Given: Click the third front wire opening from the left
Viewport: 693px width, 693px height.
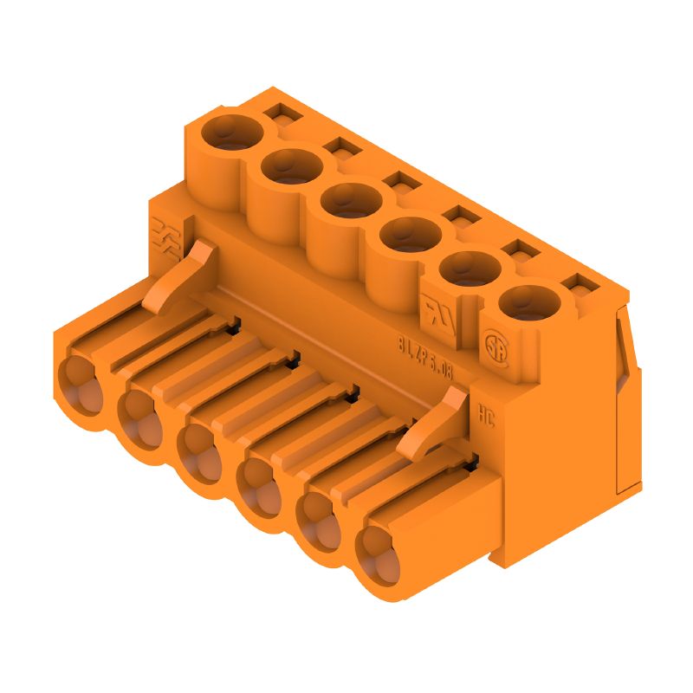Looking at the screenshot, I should (x=200, y=451).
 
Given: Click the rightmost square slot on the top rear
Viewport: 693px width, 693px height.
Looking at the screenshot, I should (x=573, y=282).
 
